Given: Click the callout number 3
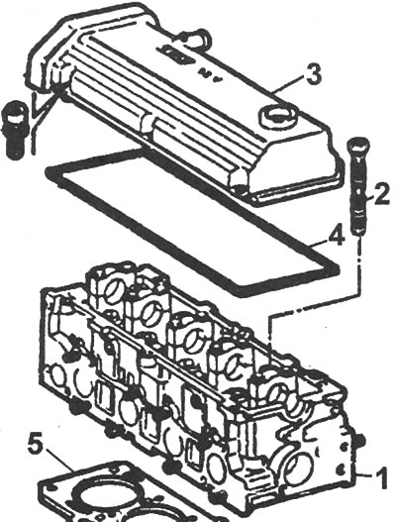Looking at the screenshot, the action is coord(314,75).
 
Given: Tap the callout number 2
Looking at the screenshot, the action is coord(381,194).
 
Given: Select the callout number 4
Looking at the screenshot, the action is coord(336,237).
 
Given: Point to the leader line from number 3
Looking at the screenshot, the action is coord(288,84).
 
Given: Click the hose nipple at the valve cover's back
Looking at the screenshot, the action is coord(196,39).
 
